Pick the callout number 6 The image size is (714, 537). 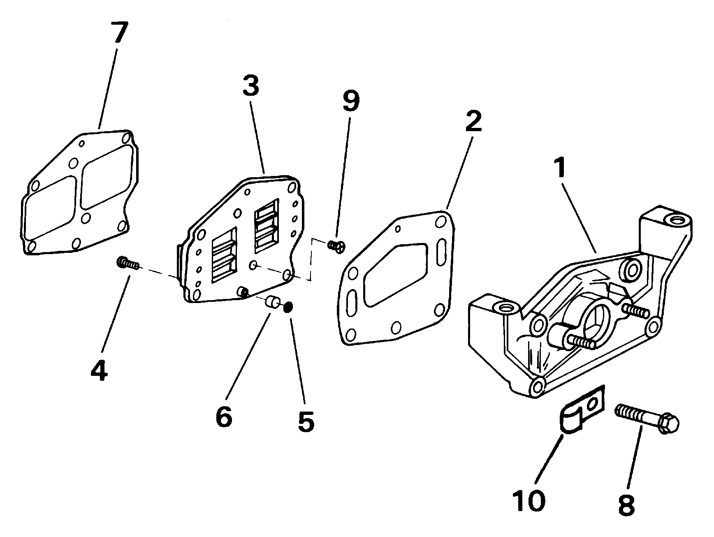click(x=224, y=416)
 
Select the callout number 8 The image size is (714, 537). click(x=626, y=503)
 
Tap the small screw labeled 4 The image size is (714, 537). click(x=128, y=262)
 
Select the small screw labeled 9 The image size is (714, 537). click(x=336, y=246)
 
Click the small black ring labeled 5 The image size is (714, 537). click(x=288, y=306)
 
